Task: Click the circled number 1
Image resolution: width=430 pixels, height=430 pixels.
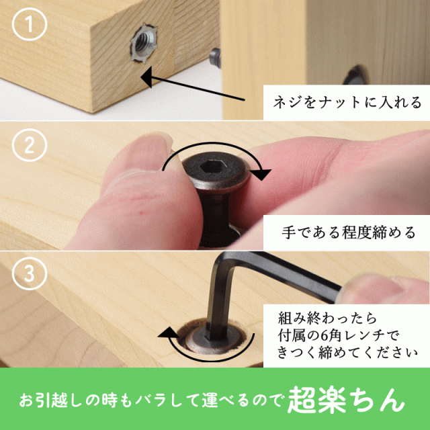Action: [30, 24]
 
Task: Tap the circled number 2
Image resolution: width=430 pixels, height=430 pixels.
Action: [30, 145]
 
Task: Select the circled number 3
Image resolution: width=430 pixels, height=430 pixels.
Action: [30, 273]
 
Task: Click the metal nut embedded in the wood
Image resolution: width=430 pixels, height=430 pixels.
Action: [144, 44]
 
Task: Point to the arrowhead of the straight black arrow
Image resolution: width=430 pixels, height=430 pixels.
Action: [146, 77]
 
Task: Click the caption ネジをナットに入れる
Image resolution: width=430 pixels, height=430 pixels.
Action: [347, 102]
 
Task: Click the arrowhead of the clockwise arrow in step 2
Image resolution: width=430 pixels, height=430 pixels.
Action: [261, 173]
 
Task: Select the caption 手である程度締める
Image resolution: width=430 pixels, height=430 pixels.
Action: [348, 232]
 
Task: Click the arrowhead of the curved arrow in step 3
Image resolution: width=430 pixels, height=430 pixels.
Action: [167, 333]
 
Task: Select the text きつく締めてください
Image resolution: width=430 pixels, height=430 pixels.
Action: [347, 353]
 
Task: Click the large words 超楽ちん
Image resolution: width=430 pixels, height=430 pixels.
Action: [346, 400]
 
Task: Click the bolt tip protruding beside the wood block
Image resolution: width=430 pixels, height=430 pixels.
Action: [215, 58]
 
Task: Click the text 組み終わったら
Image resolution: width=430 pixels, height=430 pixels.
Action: [327, 318]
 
